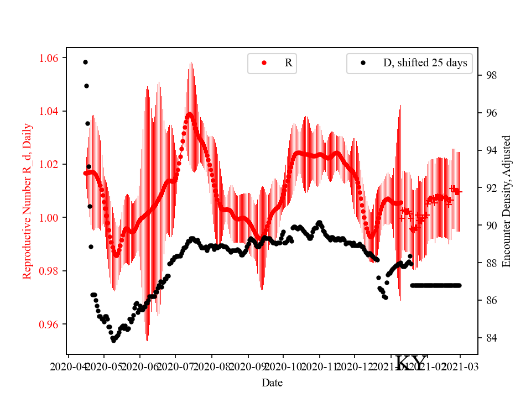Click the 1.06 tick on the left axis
tap(51, 58)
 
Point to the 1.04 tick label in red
tap(51, 111)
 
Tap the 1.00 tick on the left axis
tap(51, 218)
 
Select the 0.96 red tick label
tap(51, 324)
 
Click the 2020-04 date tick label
tap(68, 366)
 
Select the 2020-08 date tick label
tap(212, 366)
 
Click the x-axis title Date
tap(272, 382)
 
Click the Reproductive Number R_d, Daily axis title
tap(27, 201)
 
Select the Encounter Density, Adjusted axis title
tap(506, 201)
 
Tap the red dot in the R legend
tap(264, 63)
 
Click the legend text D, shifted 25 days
tap(425, 63)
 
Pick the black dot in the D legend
tap(363, 63)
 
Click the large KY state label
tap(411, 363)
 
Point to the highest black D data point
tap(85, 62)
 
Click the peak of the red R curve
tap(190, 114)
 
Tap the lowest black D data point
tap(113, 341)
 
